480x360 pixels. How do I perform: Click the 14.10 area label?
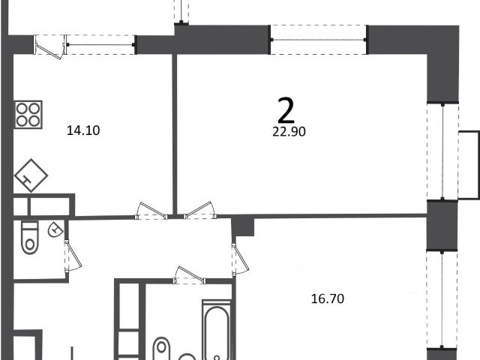pyautogui.click(x=83, y=130)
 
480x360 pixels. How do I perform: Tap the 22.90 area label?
pyautogui.click(x=289, y=132)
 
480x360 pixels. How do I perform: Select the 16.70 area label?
pyautogui.click(x=328, y=298)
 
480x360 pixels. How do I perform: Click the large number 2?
pyautogui.click(x=286, y=109)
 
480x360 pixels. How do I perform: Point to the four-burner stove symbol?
pyautogui.click(x=28, y=115)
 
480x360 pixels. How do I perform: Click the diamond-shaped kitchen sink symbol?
pyautogui.click(x=31, y=175)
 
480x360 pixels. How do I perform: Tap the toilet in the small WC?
pyautogui.click(x=30, y=238)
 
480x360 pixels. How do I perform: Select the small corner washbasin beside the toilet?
pyautogui.click(x=55, y=229)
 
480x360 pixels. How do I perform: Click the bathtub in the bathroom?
pyautogui.click(x=217, y=331)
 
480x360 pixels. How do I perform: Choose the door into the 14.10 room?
pyautogui.click(x=151, y=211)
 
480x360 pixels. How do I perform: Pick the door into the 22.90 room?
pyautogui.click(x=200, y=211)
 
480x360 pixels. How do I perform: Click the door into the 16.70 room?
pyautogui.click(x=240, y=259)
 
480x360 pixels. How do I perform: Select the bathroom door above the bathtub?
pyautogui.click(x=190, y=275)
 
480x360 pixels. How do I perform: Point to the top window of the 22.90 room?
pyautogui.click(x=318, y=40)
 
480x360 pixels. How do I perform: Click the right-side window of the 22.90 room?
pyautogui.click(x=442, y=151)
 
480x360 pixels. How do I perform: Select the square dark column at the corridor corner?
pyautogui.click(x=243, y=226)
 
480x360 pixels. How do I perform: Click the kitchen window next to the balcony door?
pyautogui.click(x=100, y=45)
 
